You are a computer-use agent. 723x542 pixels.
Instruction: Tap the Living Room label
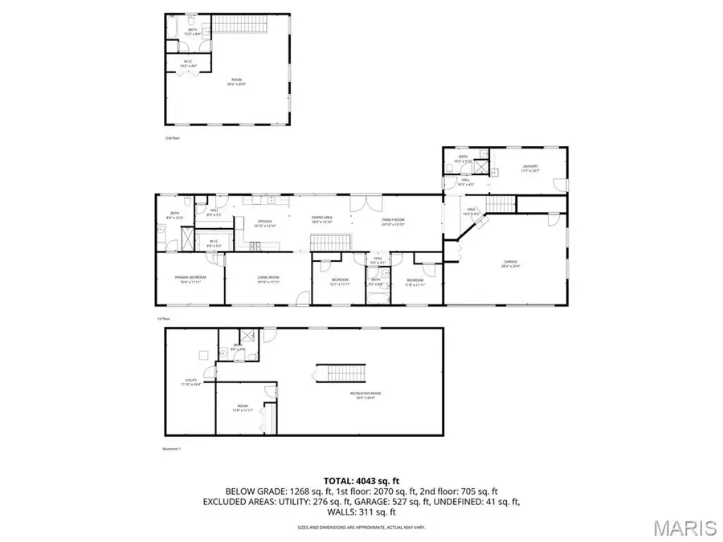268,279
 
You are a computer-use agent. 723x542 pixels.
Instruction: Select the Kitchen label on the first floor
265,222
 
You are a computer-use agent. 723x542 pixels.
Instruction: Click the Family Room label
393,221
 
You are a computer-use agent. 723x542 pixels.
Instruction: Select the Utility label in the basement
190,383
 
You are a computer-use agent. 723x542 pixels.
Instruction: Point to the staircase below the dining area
331,242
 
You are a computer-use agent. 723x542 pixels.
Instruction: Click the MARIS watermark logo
684,528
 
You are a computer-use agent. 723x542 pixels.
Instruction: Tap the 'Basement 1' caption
171,449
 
